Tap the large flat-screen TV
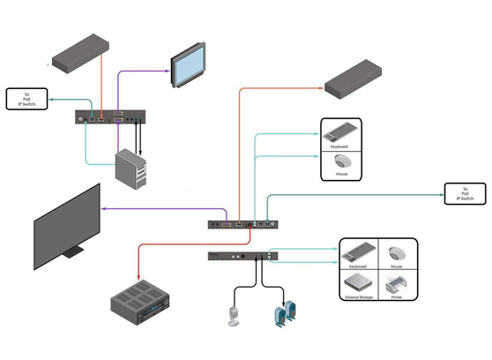click(67, 226)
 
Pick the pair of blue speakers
click(283, 315)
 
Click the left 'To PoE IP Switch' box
click(26, 99)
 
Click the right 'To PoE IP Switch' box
click(466, 194)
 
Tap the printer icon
click(393, 284)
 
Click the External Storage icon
click(358, 284)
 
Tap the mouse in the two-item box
click(341, 163)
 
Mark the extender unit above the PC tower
click(110, 116)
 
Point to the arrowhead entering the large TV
click(105, 208)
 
